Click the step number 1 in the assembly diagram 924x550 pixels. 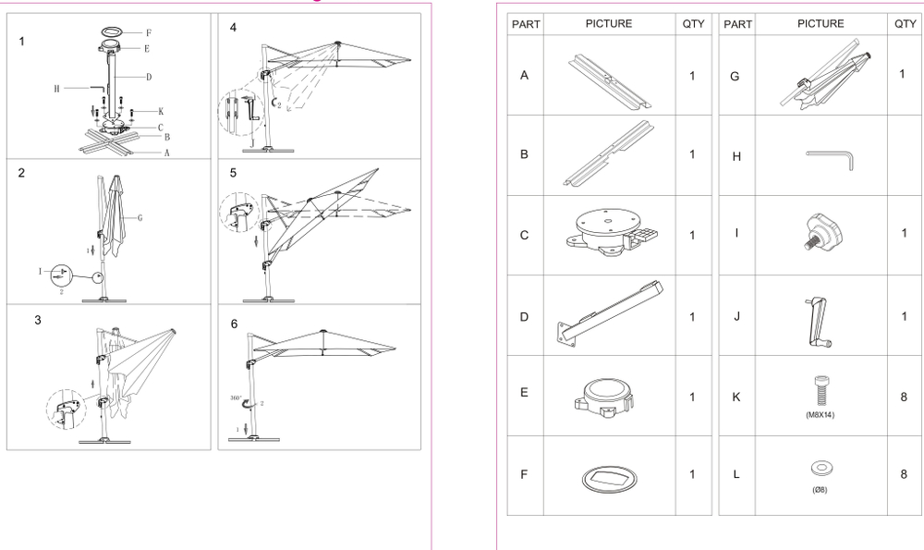(x=21, y=41)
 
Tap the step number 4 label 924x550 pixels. (x=234, y=28)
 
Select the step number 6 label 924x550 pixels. (x=234, y=324)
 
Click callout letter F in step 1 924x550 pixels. (x=148, y=32)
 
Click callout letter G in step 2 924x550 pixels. (x=140, y=219)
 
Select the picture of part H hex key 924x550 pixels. (x=829, y=157)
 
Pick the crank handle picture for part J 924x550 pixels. (x=821, y=318)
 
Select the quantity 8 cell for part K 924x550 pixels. (x=903, y=397)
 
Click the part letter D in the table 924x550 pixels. (x=525, y=317)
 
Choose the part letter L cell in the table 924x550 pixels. (x=736, y=475)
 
